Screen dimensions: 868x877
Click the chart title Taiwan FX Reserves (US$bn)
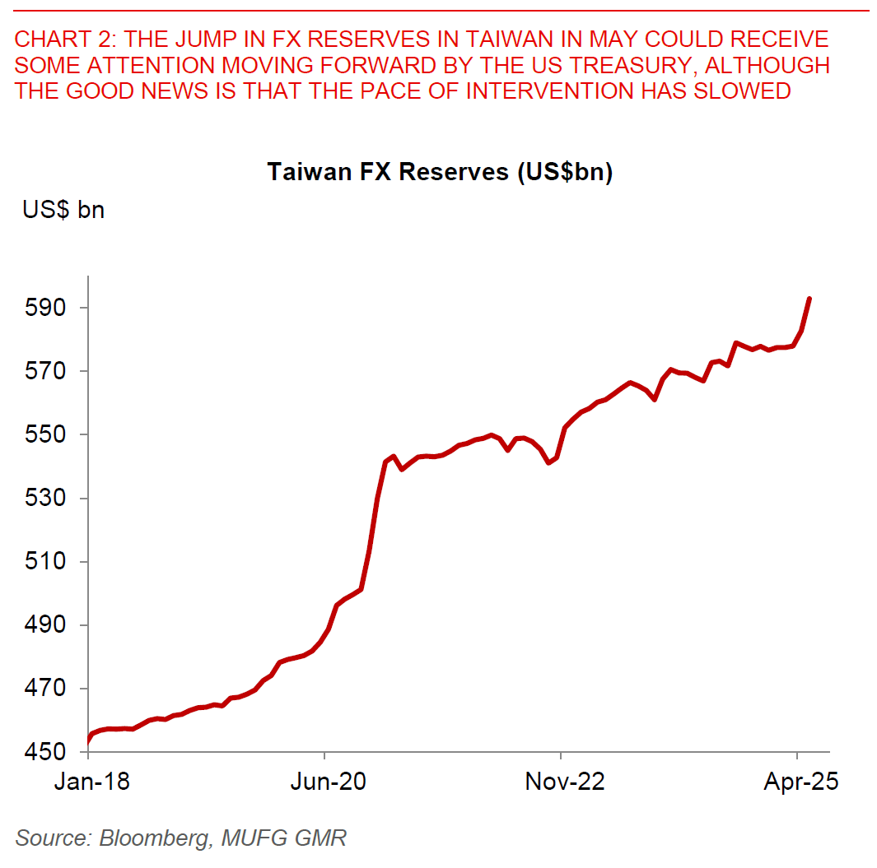(440, 172)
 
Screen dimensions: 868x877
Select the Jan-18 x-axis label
(91, 782)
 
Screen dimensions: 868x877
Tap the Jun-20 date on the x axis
(329, 782)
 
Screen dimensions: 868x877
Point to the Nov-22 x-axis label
(565, 782)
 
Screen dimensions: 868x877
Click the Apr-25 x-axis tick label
(801, 782)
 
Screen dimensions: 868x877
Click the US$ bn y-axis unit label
(63, 210)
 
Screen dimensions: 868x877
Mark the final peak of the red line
(809, 299)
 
